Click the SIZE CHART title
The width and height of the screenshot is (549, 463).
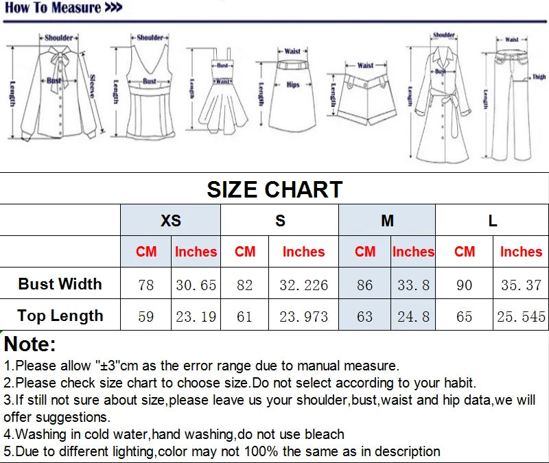[x=274, y=189]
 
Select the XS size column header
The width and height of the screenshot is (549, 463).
[x=171, y=221]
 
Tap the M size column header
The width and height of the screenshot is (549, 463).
[x=387, y=221]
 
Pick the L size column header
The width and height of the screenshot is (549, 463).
[x=493, y=221]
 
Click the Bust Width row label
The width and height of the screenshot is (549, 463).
[x=60, y=284]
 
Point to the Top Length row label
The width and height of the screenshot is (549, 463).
[x=60, y=316]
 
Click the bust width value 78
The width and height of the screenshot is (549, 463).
[x=146, y=285]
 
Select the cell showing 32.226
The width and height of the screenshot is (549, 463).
[x=303, y=285]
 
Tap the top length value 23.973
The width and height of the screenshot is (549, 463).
[x=303, y=316]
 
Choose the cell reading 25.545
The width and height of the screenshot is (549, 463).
[x=520, y=316]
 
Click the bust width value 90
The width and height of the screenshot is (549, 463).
[x=465, y=285]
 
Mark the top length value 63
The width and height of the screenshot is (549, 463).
[x=365, y=316]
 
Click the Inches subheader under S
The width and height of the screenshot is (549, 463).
[x=303, y=252]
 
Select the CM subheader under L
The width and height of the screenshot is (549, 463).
[x=465, y=252]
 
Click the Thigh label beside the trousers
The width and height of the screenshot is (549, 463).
[x=539, y=78]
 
